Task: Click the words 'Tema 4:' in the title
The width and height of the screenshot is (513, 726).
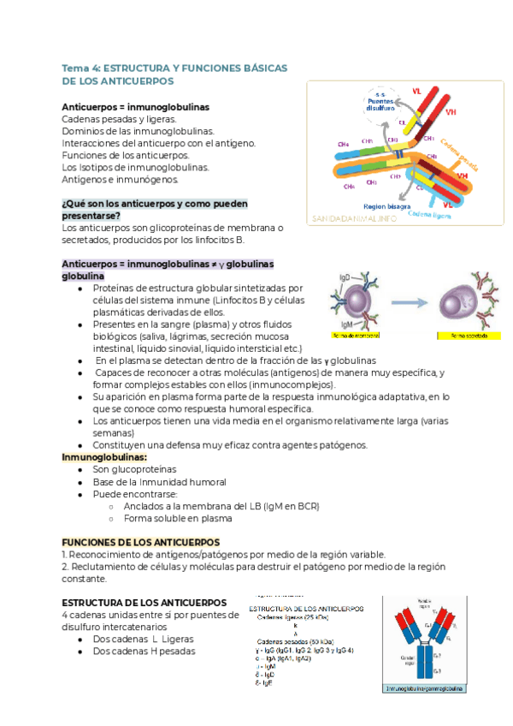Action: [x=81, y=67]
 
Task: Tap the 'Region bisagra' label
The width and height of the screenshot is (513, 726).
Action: [x=386, y=206]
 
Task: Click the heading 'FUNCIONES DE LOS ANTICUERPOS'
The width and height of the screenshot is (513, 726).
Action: [x=141, y=543]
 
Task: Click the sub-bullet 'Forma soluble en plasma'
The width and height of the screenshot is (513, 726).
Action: [x=178, y=518]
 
